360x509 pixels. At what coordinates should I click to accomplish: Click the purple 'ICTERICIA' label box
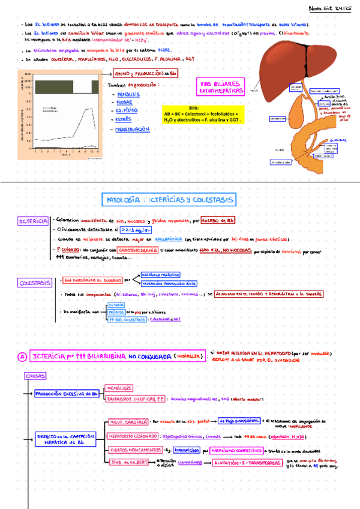pos(32,221)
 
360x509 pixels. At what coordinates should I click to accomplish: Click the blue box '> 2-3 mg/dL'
pos(135,229)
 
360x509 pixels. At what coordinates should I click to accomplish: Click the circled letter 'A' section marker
pos(22,357)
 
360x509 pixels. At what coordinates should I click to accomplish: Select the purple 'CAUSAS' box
pos(34,376)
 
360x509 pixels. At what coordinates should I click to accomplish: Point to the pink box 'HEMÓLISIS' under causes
pos(119,388)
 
